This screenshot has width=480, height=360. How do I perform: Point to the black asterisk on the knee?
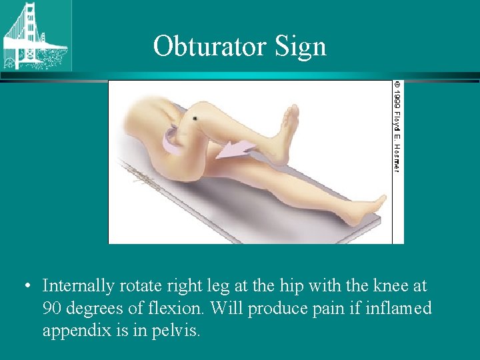click(195, 118)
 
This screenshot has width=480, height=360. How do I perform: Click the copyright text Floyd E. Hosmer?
click(397, 127)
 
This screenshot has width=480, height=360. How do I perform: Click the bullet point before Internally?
click(25, 287)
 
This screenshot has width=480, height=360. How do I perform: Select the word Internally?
click(79, 286)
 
